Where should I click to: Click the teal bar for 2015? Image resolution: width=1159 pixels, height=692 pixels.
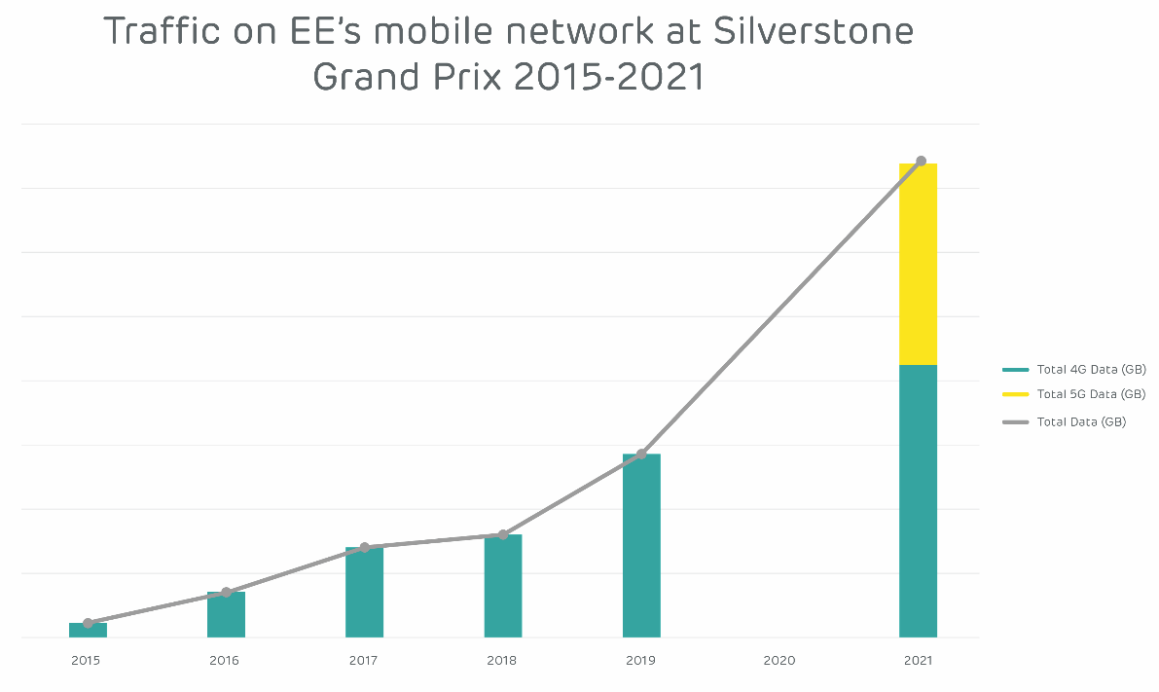(88, 631)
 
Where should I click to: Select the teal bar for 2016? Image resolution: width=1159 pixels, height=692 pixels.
(226, 615)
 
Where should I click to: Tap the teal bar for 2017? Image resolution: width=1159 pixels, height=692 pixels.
(364, 593)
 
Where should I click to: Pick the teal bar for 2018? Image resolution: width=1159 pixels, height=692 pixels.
(503, 586)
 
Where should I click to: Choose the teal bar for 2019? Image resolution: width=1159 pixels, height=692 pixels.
(641, 546)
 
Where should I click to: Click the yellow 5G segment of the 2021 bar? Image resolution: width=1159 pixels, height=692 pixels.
(918, 264)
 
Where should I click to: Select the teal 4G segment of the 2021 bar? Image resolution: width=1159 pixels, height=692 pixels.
(918, 501)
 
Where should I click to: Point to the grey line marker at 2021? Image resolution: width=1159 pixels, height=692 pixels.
(921, 161)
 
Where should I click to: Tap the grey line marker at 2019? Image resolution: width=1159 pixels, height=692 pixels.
(641, 455)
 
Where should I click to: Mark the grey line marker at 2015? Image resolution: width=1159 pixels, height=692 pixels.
(88, 623)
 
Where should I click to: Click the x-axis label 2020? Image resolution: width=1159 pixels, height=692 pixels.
(779, 661)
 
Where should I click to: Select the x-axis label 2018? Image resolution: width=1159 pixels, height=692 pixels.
(502, 661)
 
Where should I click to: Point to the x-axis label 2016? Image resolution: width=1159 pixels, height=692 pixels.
(225, 661)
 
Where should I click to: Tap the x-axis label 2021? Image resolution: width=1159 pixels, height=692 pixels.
(918, 661)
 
